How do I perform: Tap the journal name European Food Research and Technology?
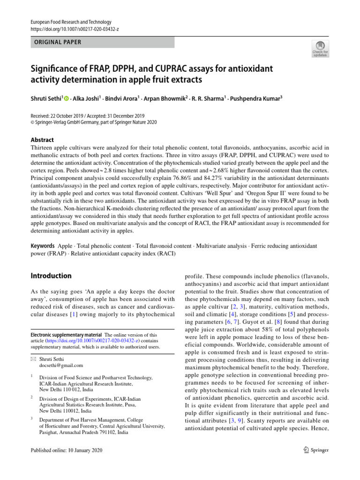(71, 22)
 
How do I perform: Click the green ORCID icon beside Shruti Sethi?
(66, 98)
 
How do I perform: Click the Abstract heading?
(42, 140)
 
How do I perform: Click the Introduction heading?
(51, 276)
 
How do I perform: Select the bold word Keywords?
(43, 246)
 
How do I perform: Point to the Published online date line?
(66, 450)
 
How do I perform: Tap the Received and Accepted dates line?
(88, 116)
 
